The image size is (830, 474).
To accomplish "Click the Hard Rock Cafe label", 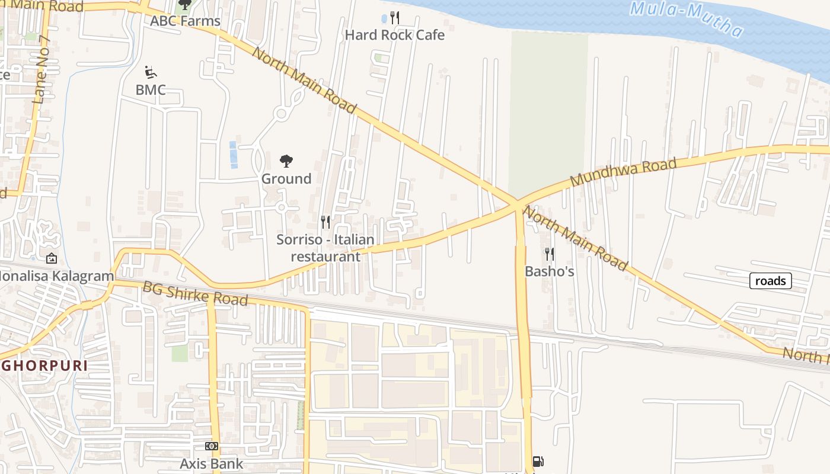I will click(394, 35).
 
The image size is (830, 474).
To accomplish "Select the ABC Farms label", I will click(185, 21).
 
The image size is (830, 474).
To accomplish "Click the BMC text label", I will click(151, 90).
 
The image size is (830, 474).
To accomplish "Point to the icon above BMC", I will click(151, 73).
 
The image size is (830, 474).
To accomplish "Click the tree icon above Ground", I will click(286, 161).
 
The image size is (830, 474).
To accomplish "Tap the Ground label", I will click(286, 179).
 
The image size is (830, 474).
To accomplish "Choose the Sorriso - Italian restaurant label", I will click(325, 248).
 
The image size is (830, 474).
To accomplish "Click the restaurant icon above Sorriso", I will click(325, 222).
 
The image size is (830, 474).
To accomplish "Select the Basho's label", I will click(550, 271).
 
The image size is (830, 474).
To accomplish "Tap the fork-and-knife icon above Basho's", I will click(550, 254).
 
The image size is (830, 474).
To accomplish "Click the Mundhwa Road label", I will click(623, 172).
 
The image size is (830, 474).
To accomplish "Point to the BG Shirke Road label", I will click(195, 293).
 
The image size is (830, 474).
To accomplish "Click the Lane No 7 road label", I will click(42, 71).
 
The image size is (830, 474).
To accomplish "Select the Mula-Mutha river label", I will click(686, 18).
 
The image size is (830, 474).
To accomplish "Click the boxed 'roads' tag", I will click(770, 281).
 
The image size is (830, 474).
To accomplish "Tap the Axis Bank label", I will click(212, 463).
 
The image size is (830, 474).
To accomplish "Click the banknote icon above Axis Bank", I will click(212, 446).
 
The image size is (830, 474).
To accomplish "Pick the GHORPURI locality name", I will click(44, 366).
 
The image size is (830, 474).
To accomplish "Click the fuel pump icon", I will click(538, 461).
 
